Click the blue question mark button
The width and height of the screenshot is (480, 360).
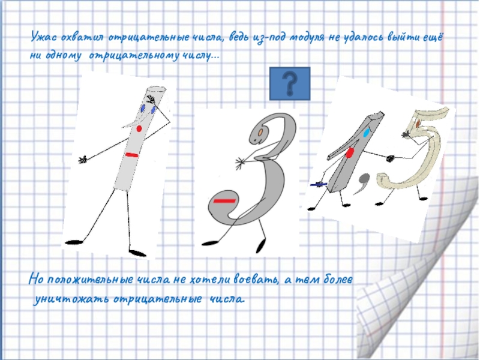click(x=290, y=83)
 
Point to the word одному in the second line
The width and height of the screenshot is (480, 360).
click(x=64, y=56)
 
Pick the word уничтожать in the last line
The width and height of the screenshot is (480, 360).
click(x=71, y=299)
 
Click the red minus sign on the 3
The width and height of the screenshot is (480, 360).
click(x=224, y=201)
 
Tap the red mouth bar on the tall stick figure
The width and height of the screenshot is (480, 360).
click(x=132, y=155)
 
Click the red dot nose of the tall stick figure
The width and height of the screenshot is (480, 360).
click(x=139, y=128)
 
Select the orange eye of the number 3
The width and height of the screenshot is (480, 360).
click(x=260, y=132)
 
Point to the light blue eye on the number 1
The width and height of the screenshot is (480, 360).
click(x=366, y=133)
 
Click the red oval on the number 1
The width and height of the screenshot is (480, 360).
click(x=350, y=153)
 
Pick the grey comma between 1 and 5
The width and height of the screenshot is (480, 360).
click(x=362, y=182)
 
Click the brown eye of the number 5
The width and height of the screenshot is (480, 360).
click(x=419, y=124)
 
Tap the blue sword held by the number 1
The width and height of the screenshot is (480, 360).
click(x=319, y=184)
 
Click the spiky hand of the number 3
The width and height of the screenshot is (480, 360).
click(x=241, y=162)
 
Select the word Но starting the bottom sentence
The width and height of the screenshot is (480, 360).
click(x=36, y=280)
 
